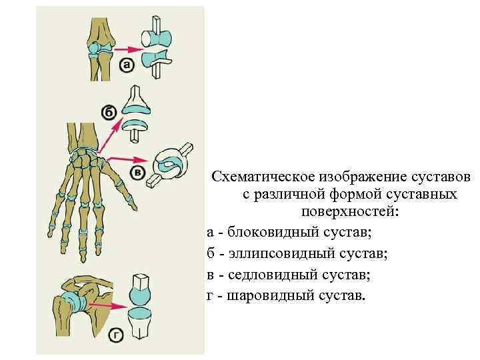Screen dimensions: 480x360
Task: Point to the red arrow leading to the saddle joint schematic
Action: click(128, 159)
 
